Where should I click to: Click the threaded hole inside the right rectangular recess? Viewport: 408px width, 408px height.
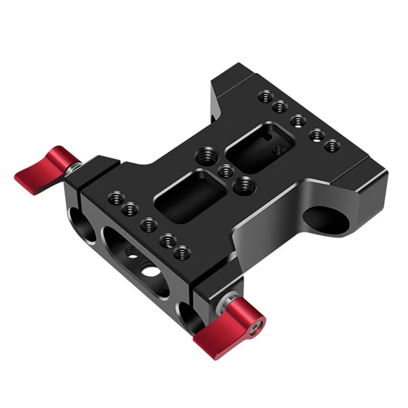(278, 150)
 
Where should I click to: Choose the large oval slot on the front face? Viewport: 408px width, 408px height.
(138, 261)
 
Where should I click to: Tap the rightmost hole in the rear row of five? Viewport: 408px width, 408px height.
(332, 145)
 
